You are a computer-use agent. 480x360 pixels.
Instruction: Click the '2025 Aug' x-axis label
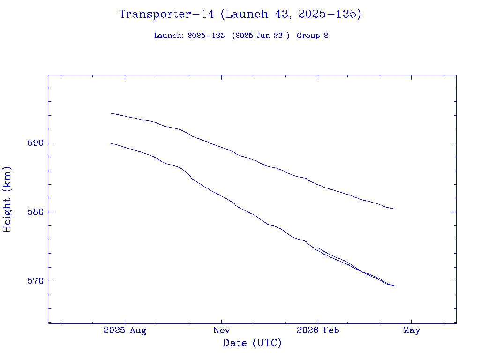point(125,330)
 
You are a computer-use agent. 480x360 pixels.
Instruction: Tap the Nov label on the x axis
point(221,330)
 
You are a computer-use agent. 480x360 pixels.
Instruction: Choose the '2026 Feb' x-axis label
point(318,330)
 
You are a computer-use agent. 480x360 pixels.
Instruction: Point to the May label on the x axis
point(411,330)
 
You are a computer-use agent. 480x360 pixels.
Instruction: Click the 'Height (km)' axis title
point(7,199)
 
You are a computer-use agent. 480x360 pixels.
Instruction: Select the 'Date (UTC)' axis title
point(252,343)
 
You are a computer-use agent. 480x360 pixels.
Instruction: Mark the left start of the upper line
point(111,113)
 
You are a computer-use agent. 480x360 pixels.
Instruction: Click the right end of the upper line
point(394,209)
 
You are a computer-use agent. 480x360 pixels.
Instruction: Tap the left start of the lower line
point(111,143)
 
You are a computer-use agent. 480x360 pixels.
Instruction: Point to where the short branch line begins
point(317,247)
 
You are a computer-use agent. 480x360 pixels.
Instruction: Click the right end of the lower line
point(394,285)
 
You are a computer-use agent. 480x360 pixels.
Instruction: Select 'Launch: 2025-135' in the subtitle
point(189,36)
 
